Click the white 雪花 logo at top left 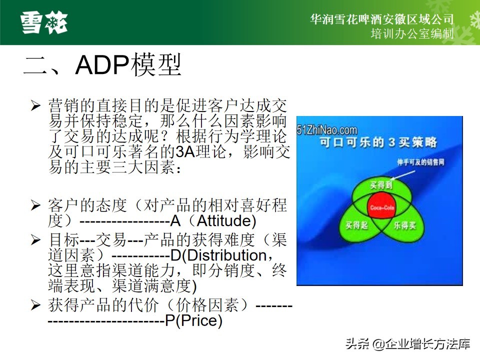44,22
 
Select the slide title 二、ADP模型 102,66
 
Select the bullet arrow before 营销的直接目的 35,105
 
